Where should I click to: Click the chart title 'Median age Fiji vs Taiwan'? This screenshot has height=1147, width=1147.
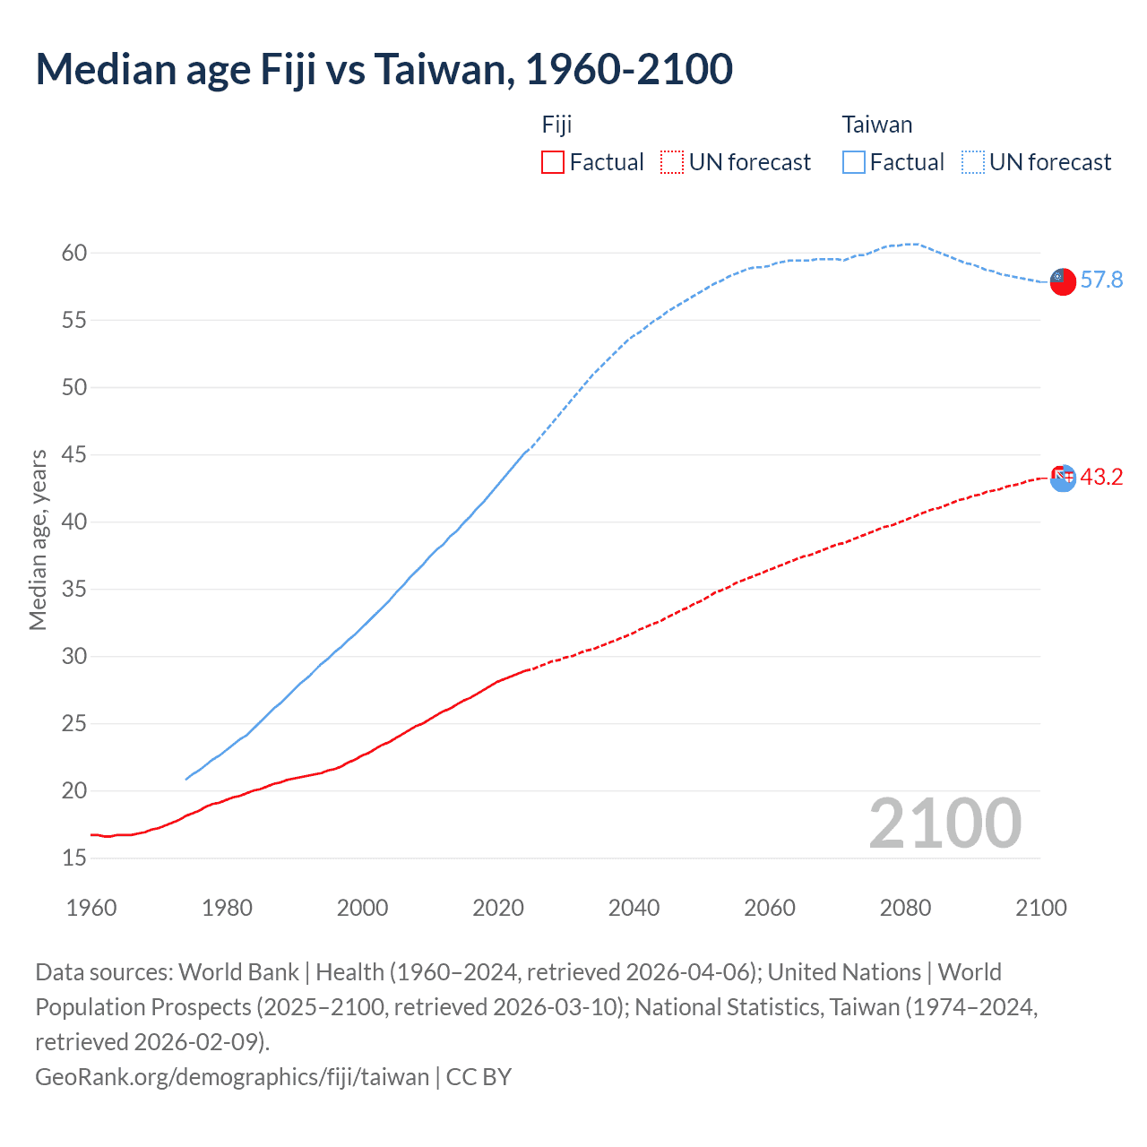[384, 70]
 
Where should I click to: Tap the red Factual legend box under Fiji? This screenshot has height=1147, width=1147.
[553, 162]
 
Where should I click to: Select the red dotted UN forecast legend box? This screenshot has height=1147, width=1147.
[672, 162]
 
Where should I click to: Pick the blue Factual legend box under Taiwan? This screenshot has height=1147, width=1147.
[854, 162]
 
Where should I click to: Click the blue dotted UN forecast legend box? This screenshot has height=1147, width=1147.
[973, 162]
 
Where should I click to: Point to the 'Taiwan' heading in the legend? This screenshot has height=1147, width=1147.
[876, 125]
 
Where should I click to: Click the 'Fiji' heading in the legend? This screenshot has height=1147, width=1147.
[556, 125]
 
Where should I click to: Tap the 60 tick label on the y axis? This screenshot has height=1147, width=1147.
[74, 253]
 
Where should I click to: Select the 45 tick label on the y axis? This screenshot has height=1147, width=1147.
[74, 454]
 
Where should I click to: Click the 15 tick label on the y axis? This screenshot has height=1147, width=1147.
[74, 858]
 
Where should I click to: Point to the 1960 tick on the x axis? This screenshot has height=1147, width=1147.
[91, 908]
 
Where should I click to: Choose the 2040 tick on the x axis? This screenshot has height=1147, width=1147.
[634, 908]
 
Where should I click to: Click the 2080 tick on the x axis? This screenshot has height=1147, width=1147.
[905, 908]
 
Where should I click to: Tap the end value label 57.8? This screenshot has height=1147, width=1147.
[1101, 280]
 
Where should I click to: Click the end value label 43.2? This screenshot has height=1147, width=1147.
[1101, 477]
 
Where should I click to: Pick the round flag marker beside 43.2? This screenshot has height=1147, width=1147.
[1062, 478]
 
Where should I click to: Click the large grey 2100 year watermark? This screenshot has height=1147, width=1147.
[944, 824]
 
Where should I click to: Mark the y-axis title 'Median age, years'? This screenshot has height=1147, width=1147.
[38, 540]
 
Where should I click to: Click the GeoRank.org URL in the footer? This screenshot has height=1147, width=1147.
[232, 1076]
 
